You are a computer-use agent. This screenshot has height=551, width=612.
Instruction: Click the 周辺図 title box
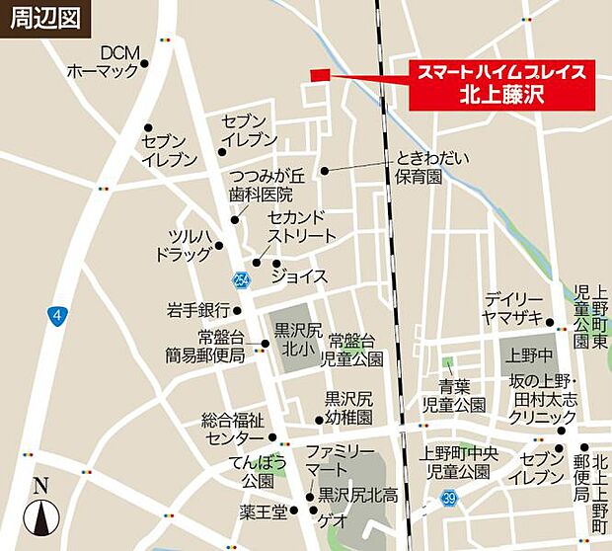tap(41, 19)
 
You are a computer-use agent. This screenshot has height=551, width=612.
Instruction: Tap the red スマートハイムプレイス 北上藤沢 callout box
tap(502, 84)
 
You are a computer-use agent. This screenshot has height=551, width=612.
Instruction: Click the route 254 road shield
tap(243, 279)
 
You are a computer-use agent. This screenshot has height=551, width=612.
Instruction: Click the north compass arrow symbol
tap(40, 511)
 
